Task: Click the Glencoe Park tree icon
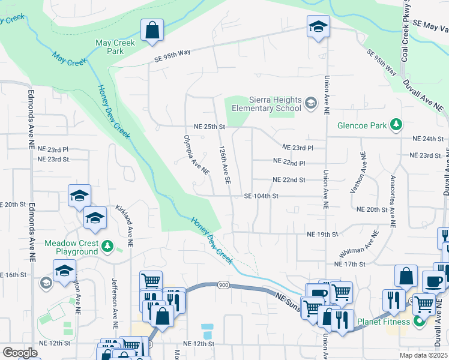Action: [396, 125]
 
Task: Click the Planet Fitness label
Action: [384, 322]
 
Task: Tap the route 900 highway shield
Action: [224, 284]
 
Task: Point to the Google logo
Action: [20, 353]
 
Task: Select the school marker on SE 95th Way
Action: [318, 27]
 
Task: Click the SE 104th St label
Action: [261, 196]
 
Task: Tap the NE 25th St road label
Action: [209, 127]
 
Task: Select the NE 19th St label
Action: [322, 234]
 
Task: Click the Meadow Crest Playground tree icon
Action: [107, 245]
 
